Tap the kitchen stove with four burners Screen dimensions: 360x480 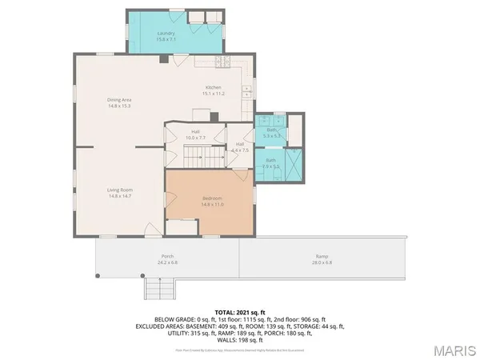click(x=222, y=62)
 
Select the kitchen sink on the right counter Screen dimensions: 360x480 click(x=247, y=90)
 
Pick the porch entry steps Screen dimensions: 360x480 click(x=159, y=287)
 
